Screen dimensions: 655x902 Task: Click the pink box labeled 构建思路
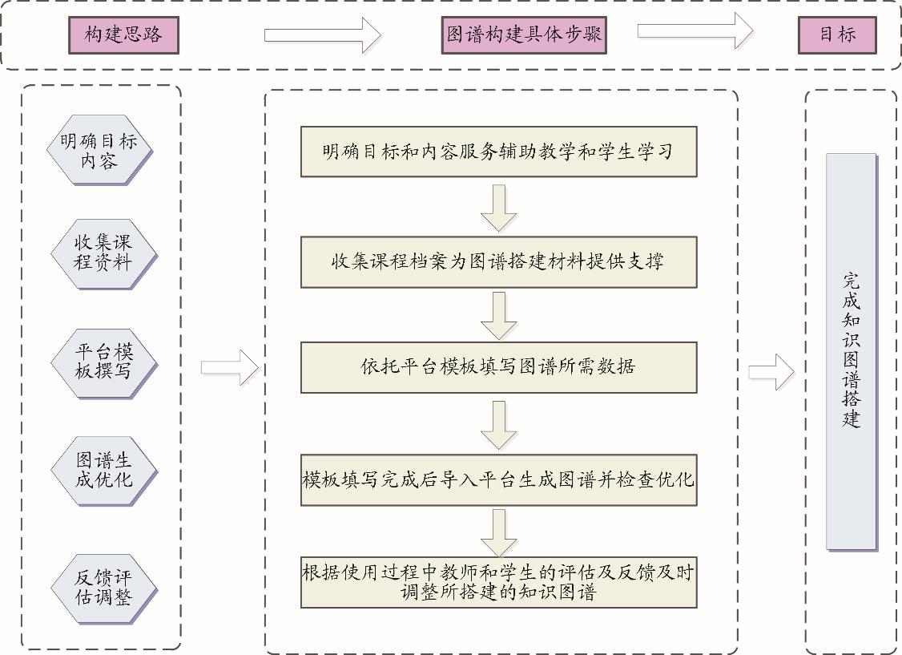point(123,35)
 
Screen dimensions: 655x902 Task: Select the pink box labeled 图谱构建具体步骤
point(523,35)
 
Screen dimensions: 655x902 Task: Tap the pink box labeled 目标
point(837,35)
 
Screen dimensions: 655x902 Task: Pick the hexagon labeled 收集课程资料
point(102,252)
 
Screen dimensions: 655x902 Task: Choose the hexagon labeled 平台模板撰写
point(103,362)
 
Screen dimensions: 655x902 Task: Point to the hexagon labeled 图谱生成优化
point(103,471)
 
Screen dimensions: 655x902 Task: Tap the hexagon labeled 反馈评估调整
point(103,588)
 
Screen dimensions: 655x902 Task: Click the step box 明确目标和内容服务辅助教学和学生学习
point(498,152)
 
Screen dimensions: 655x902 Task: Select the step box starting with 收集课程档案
point(498,261)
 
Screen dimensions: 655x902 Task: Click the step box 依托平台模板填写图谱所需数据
point(498,366)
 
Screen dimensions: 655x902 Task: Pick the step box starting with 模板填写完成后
point(498,480)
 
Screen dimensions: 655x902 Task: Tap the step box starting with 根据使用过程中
point(498,582)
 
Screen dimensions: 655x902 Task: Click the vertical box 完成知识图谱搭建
point(851,351)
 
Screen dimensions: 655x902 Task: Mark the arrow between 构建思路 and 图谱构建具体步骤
point(323,35)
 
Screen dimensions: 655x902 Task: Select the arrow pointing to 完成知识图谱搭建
point(771,372)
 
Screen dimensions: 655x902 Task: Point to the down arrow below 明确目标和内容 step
point(498,208)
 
